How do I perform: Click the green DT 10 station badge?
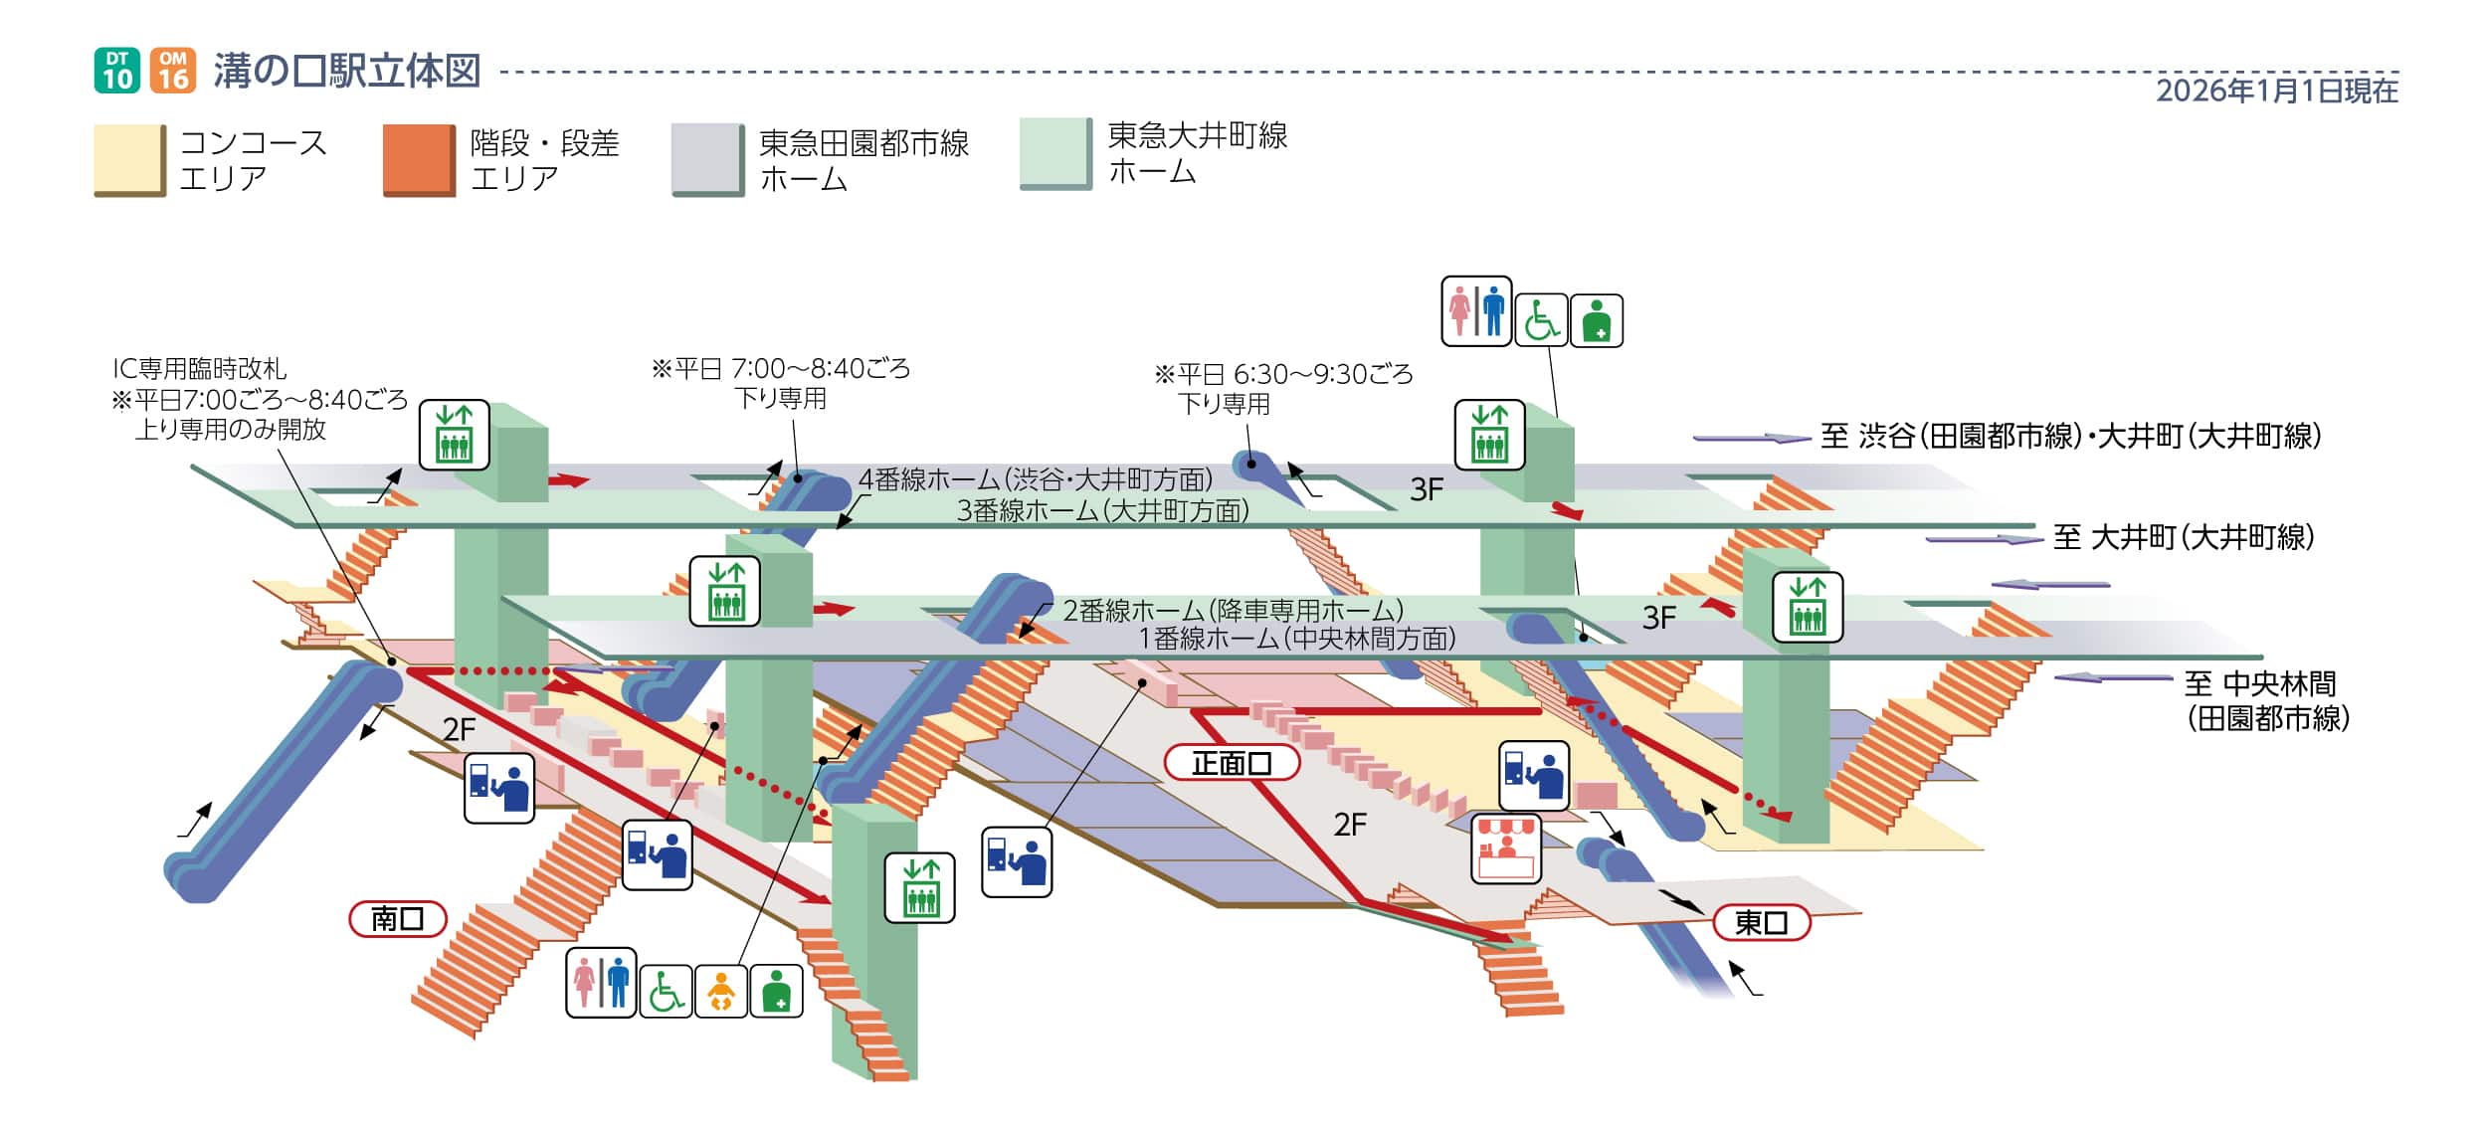point(117,71)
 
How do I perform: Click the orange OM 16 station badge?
point(173,71)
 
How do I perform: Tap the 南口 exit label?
point(398,919)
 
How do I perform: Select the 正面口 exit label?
point(1232,763)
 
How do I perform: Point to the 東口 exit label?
point(1761,923)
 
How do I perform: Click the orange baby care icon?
point(720,992)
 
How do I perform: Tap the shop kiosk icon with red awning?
point(1506,848)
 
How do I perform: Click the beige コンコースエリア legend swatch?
point(129,160)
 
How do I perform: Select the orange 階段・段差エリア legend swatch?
point(419,160)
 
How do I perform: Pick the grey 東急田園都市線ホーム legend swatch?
point(707,159)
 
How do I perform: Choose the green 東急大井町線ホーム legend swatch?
point(1055,153)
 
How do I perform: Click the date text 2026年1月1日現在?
point(2276,92)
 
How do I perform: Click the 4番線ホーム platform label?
point(1035,479)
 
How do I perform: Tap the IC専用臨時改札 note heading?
point(199,369)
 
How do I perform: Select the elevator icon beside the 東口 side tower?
point(1807,607)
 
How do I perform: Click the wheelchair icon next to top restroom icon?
point(1540,320)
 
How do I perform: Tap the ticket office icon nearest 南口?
point(499,788)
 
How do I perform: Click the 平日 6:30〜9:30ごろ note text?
point(1283,374)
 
